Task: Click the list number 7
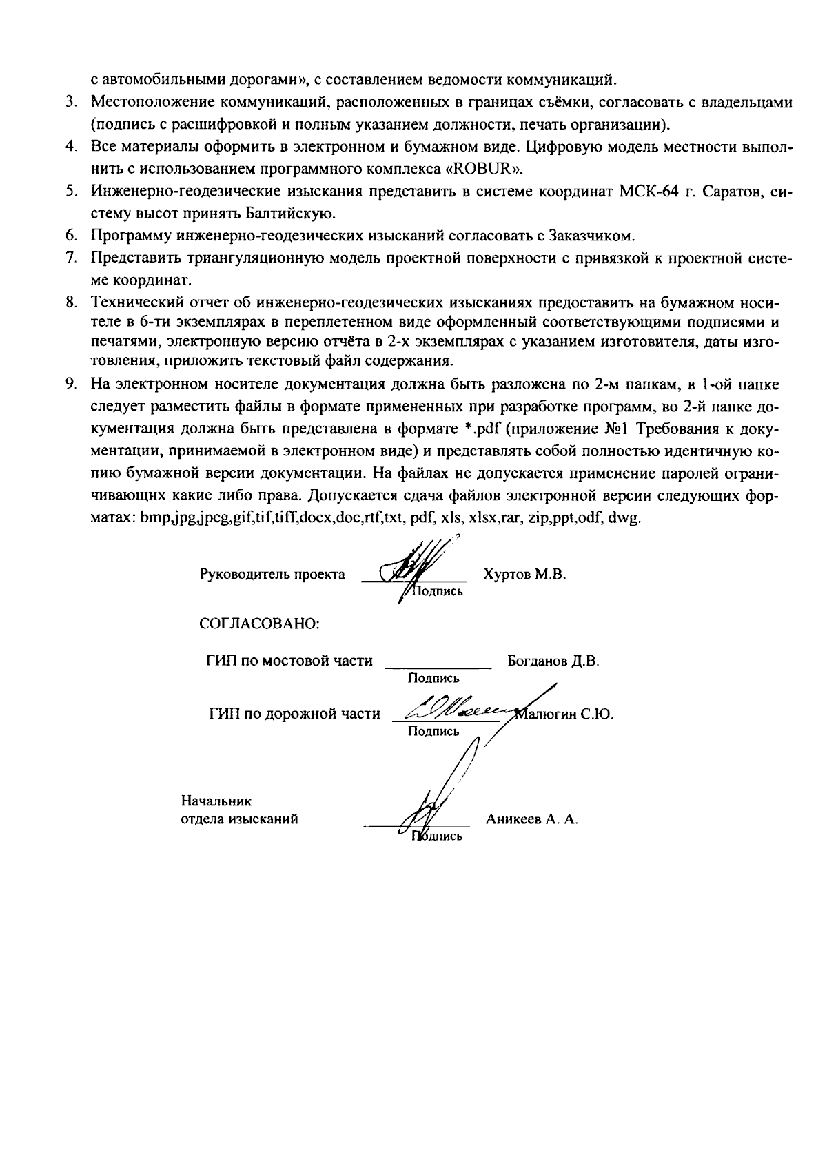(x=70, y=258)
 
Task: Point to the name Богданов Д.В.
(x=553, y=661)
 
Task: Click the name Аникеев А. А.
(x=531, y=819)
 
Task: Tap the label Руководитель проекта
(x=272, y=574)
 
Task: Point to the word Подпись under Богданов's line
(x=433, y=679)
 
